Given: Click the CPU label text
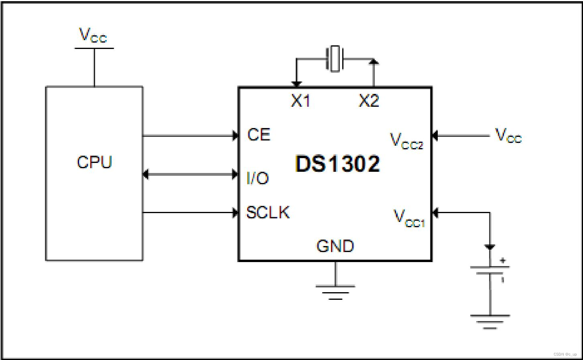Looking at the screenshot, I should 94,162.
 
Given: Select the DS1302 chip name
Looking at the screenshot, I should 337,164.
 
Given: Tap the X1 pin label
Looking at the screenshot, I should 301,101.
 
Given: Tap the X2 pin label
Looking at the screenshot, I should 369,101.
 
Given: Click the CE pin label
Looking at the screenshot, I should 259,135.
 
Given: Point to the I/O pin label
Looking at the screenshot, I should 257,178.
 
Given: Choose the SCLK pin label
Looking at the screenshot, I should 268,213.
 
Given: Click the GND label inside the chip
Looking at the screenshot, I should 335,246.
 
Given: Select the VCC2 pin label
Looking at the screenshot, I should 406,141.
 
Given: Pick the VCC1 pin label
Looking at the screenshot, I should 409,218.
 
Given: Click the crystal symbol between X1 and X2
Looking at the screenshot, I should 335,59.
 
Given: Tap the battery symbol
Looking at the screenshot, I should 490,270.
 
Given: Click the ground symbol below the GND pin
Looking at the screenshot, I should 335,293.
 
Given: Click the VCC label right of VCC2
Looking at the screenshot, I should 508,136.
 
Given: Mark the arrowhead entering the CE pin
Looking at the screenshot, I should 236,136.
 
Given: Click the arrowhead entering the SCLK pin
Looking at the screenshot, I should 236,213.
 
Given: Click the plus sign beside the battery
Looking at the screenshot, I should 502,260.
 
